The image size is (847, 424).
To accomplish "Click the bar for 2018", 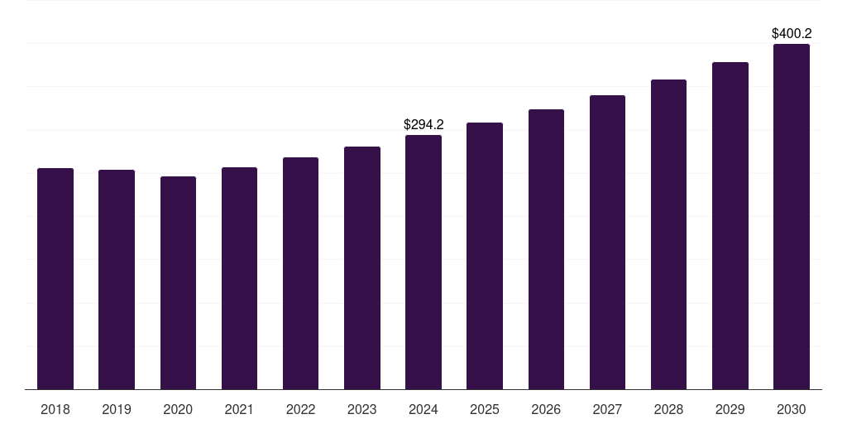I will [55, 278].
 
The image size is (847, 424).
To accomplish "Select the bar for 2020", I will [178, 282].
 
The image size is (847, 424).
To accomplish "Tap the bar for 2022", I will [300, 273].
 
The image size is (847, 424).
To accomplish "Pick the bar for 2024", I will [423, 262].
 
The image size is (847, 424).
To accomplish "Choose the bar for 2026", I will [546, 249].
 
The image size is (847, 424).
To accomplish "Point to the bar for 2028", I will [668, 234].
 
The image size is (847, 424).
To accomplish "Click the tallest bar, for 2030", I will [792, 216].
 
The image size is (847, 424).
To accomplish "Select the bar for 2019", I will [117, 279].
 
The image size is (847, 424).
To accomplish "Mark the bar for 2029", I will [730, 225].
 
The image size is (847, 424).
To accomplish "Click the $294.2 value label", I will [423, 125].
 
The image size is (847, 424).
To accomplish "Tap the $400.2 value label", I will [792, 34].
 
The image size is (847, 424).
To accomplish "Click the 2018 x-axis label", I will [55, 409].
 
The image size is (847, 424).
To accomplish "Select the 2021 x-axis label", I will [239, 409].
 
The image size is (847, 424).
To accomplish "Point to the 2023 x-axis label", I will [362, 409].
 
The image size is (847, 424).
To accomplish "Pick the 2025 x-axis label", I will [485, 409].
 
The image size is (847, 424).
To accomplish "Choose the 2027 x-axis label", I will [607, 409].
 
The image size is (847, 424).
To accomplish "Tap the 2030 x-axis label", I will [792, 409].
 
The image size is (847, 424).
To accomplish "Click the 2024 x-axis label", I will [423, 409].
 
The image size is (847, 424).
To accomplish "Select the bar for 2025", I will [485, 256].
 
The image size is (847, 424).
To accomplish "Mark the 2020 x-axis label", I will [178, 409].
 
